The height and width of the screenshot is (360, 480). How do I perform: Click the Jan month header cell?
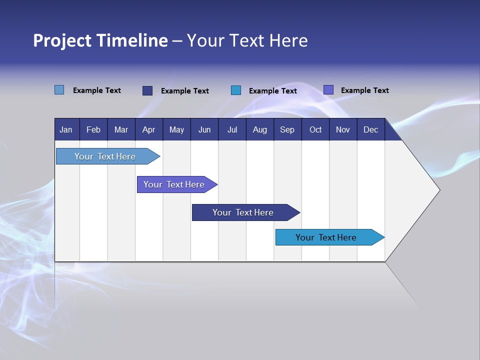(66, 130)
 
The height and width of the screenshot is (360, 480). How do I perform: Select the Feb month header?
(93, 130)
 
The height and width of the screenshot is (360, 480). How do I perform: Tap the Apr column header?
(148, 130)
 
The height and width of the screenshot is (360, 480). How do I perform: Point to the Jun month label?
(204, 130)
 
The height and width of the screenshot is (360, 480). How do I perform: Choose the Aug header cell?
(260, 130)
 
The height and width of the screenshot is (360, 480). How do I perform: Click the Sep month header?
(287, 130)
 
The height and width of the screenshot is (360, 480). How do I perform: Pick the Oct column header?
(315, 130)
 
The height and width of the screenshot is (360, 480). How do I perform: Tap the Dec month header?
(371, 130)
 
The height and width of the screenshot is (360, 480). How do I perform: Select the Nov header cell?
(343, 130)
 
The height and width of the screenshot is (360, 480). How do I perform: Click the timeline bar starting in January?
(105, 156)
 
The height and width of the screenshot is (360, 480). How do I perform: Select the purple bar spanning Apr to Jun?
(174, 184)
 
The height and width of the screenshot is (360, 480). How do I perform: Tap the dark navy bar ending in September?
(243, 212)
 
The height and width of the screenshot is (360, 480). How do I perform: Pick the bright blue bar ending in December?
(326, 237)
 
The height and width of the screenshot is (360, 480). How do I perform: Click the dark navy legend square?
(147, 90)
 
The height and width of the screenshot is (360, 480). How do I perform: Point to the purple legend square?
(328, 90)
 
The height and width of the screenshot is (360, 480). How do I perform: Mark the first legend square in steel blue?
(59, 90)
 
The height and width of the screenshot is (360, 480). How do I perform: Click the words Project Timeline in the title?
(100, 40)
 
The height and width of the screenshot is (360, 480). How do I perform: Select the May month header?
(176, 130)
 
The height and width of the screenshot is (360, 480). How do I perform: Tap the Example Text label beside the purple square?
(364, 90)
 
